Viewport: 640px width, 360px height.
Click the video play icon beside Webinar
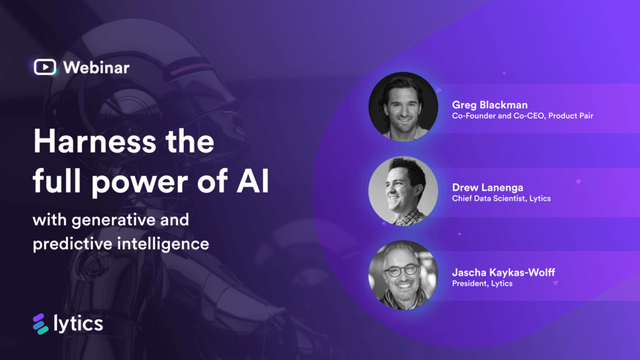(45, 67)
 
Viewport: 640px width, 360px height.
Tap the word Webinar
(96, 67)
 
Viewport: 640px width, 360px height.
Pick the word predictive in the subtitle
(72, 243)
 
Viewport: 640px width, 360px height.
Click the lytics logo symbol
(41, 324)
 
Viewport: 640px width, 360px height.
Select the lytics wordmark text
(78, 324)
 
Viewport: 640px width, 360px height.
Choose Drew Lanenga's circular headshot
(403, 191)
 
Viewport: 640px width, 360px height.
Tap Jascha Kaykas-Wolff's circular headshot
(403, 275)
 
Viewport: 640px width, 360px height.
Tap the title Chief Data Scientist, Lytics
(501, 199)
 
